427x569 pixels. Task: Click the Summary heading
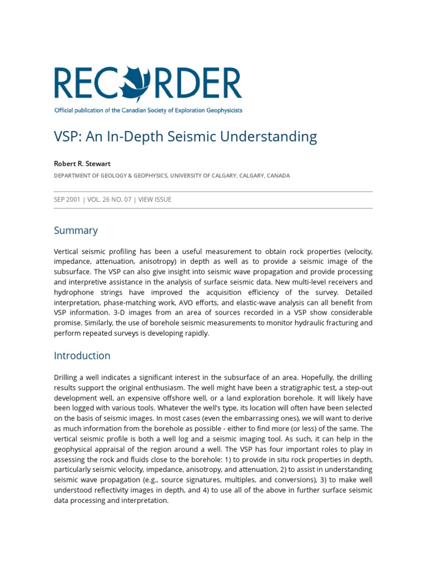coord(76,230)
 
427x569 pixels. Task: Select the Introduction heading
coord(82,356)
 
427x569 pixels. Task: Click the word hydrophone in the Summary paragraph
coord(76,292)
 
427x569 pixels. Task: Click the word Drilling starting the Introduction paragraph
coord(67,378)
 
